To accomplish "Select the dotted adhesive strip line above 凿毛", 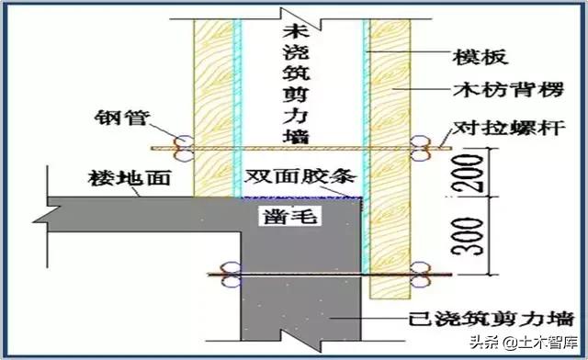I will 300,196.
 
